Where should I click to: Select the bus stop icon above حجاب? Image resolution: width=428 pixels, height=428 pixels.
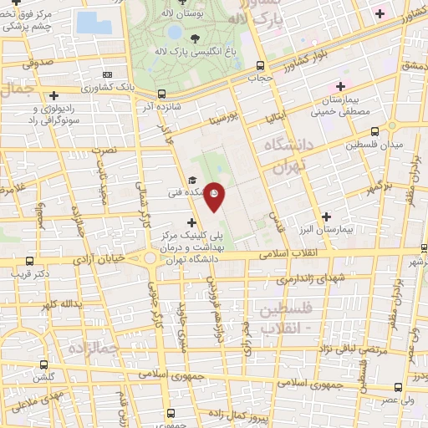[261, 65]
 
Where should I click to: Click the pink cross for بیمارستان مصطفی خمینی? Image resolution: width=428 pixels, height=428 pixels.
[340, 87]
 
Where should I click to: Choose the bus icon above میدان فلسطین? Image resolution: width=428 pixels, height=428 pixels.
[374, 131]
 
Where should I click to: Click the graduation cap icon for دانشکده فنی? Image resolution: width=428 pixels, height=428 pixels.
[191, 180]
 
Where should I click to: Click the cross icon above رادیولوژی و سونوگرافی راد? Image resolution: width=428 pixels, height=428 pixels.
[54, 95]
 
